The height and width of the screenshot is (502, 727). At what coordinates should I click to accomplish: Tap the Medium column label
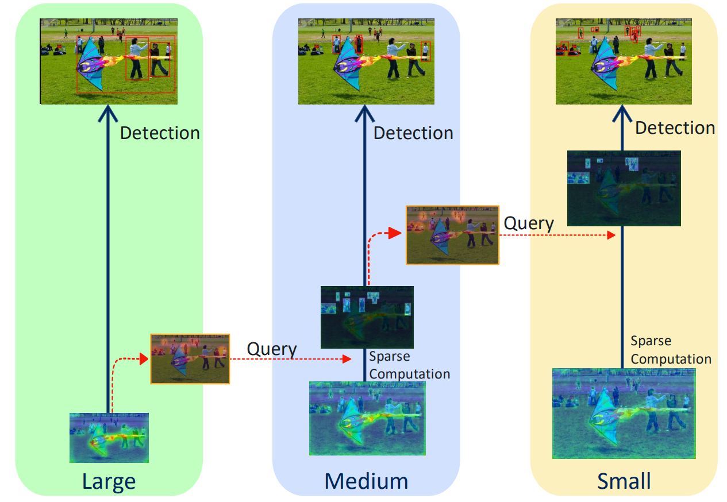[366, 481]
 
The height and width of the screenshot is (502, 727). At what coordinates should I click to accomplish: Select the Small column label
[624, 481]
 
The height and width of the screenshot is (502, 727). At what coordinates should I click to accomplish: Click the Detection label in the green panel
[160, 133]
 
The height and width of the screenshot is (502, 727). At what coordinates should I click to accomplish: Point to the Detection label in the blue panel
[413, 133]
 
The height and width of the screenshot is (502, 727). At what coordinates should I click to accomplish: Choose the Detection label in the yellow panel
[675, 128]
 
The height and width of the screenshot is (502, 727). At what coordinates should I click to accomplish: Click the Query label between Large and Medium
[272, 350]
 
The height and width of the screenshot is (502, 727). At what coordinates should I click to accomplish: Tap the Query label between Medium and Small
[529, 224]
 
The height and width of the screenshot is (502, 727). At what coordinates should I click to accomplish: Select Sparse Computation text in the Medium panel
[410, 365]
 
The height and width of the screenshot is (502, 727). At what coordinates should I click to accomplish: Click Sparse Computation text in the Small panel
[671, 350]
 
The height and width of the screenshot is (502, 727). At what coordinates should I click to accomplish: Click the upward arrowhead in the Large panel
[108, 114]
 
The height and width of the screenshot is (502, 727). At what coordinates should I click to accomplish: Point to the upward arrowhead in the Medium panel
[364, 114]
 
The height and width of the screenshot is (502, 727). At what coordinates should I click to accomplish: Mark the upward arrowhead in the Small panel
[622, 114]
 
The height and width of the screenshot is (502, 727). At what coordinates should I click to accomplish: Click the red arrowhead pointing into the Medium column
[347, 359]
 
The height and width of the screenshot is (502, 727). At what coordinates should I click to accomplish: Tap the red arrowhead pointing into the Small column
[611, 235]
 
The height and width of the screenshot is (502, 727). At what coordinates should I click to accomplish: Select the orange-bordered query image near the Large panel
[190, 359]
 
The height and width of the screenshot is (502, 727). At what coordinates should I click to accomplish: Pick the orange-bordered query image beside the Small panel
[452, 235]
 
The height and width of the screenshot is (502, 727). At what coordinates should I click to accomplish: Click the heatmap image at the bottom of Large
[109, 438]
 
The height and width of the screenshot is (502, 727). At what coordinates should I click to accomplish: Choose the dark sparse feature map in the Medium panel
[367, 317]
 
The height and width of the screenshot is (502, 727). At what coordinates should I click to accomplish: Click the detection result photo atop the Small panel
[624, 61]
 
